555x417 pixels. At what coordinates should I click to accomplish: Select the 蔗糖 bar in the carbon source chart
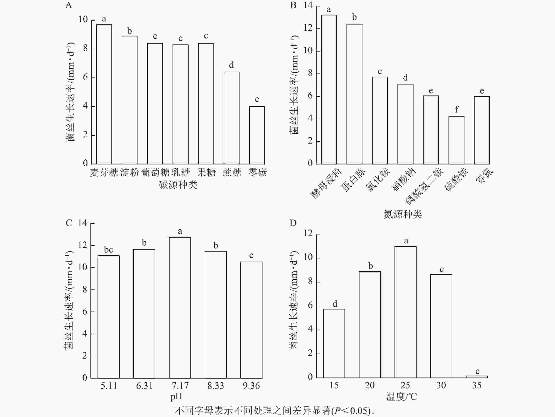click(231, 118)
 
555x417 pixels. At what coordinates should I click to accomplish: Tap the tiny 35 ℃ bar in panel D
click(477, 377)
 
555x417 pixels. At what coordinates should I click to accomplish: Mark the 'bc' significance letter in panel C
click(108, 250)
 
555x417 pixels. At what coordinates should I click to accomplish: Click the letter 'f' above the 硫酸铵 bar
click(456, 109)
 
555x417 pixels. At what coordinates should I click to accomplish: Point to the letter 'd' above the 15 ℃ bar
click(335, 304)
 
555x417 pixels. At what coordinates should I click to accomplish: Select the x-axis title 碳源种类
click(178, 185)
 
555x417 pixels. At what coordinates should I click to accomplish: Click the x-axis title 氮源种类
click(403, 214)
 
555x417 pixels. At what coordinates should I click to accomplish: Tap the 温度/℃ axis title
click(401, 397)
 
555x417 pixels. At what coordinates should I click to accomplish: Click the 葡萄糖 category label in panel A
click(155, 172)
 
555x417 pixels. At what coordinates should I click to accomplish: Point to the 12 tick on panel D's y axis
click(308, 234)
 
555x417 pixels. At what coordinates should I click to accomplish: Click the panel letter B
click(293, 5)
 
